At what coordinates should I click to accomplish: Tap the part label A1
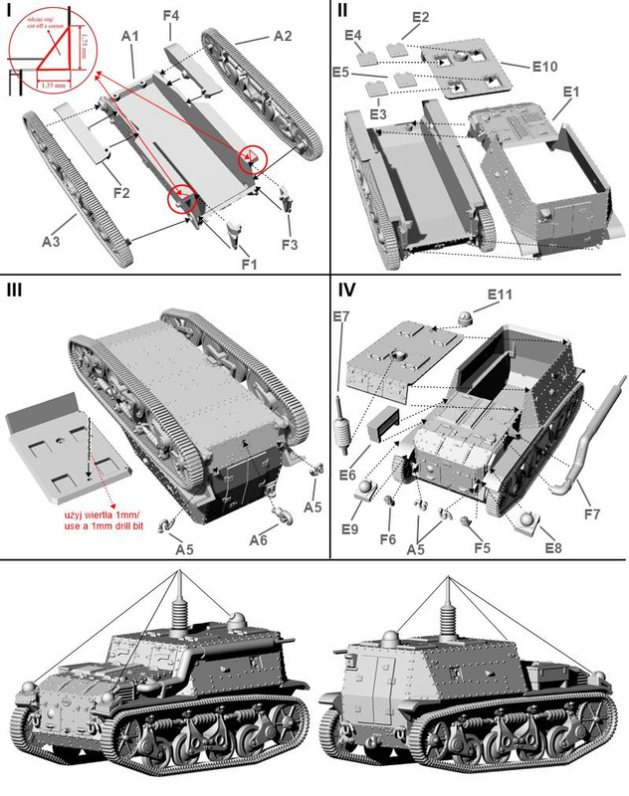click(130, 36)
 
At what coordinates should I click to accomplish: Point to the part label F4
click(171, 16)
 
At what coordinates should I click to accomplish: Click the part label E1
click(570, 92)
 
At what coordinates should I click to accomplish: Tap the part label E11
click(499, 296)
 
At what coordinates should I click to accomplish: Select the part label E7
click(340, 316)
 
